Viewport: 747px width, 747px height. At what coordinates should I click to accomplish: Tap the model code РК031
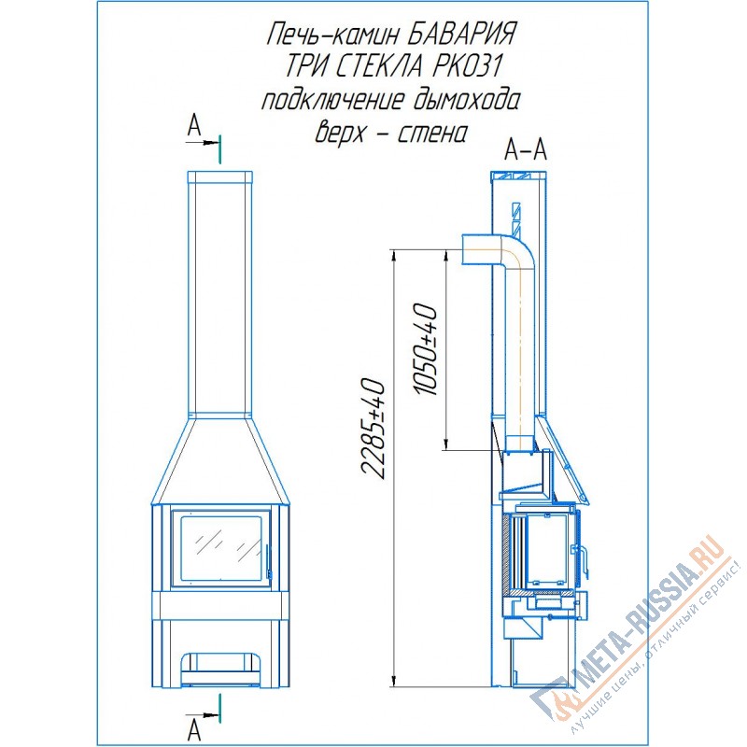pyautogui.click(x=468, y=66)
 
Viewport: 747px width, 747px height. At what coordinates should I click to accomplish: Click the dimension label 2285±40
pyautogui.click(x=373, y=430)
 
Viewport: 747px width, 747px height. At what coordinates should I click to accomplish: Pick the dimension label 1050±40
pyautogui.click(x=426, y=350)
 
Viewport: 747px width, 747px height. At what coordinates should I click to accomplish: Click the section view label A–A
pyautogui.click(x=526, y=150)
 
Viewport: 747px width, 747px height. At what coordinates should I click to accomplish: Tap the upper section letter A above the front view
pyautogui.click(x=194, y=126)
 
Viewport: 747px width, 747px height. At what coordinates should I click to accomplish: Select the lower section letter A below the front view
pyautogui.click(x=193, y=730)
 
